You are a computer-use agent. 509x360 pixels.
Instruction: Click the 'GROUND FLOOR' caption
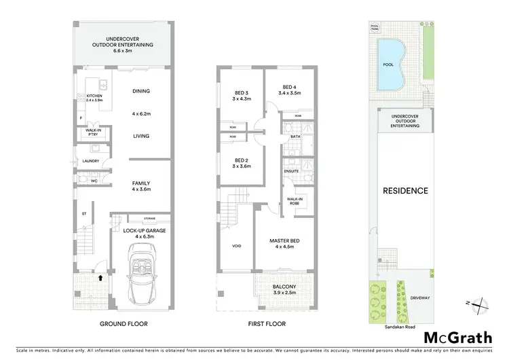pos(124,324)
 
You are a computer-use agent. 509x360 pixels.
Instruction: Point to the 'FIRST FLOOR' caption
pos(267,324)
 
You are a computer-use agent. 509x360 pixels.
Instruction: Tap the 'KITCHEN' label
pos(94,96)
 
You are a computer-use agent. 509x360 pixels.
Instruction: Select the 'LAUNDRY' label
pos(91,161)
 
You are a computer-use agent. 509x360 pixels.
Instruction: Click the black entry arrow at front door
pos(100,277)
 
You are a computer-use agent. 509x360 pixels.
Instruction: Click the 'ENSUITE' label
pos(291,171)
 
